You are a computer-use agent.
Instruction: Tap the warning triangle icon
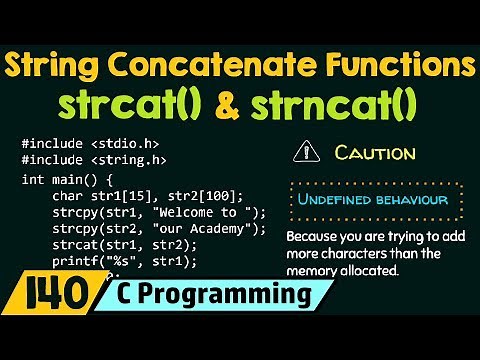(302, 153)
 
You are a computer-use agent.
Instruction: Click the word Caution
(375, 153)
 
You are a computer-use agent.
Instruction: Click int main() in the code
(62, 180)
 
